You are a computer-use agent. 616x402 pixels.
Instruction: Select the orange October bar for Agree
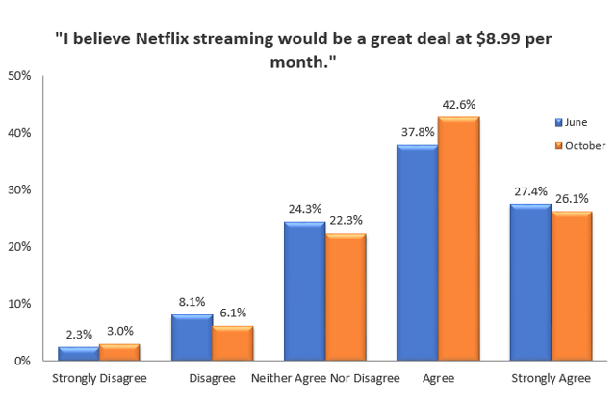(458, 239)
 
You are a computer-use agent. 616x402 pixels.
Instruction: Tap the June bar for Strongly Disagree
(77, 353)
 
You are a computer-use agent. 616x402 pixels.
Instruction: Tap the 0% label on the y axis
(22, 361)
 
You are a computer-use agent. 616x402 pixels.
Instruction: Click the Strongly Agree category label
(551, 378)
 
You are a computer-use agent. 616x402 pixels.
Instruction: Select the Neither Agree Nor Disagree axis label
(325, 378)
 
